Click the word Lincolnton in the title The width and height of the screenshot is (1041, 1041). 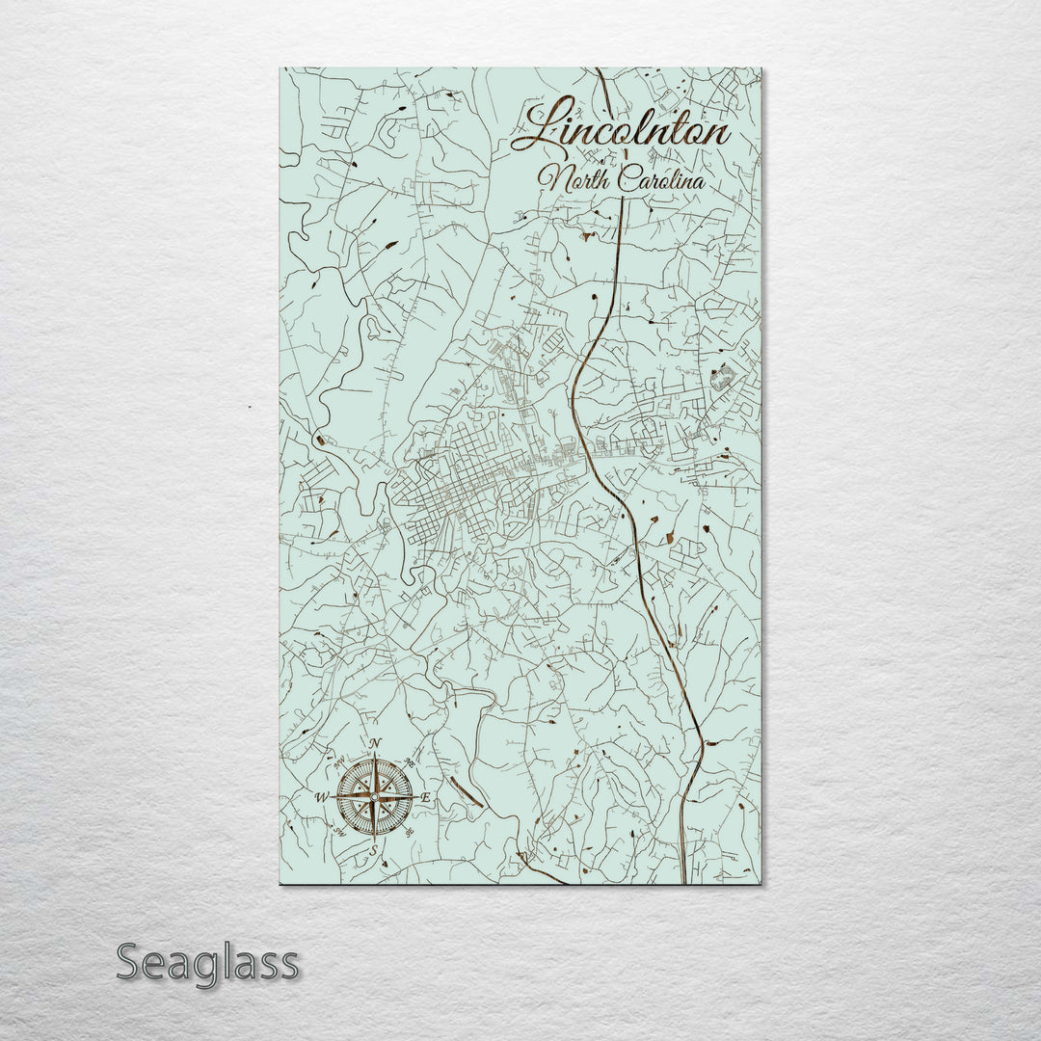pos(622,129)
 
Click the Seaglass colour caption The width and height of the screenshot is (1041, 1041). pos(207,962)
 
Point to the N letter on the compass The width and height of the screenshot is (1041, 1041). pos(375,743)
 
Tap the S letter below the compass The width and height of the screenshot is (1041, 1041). pos(373,850)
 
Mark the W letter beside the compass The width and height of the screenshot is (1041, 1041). pos(321,797)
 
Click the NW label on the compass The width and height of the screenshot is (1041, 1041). pos(339,762)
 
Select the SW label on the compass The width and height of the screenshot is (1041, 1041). pos(339,832)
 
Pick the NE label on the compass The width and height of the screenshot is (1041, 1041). pos(410,762)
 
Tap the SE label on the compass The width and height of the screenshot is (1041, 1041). pos(410,832)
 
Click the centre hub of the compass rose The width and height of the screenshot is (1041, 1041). pos(374,797)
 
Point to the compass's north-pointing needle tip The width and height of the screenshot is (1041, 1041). pos(375,754)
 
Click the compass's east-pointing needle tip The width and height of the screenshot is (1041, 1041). pos(417,797)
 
